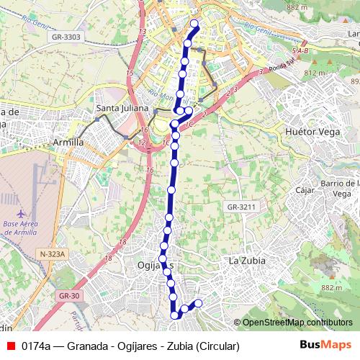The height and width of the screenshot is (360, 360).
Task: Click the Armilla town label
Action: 68,143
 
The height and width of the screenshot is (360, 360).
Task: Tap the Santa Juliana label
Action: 122,109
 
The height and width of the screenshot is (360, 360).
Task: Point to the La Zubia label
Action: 247,260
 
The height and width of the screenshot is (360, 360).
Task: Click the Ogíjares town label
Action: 153,266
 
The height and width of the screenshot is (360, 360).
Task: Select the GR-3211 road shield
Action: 241,207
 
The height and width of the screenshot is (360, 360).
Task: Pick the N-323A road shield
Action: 53,254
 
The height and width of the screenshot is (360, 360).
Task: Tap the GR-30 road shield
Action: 69,295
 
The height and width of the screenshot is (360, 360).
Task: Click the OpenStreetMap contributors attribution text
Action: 297,323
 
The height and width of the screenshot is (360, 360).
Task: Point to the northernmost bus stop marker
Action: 194,24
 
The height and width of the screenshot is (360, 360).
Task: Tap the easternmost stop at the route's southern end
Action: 198,303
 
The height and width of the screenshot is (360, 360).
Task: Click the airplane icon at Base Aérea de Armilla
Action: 21,214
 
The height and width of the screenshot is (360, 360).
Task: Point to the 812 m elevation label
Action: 315,73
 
